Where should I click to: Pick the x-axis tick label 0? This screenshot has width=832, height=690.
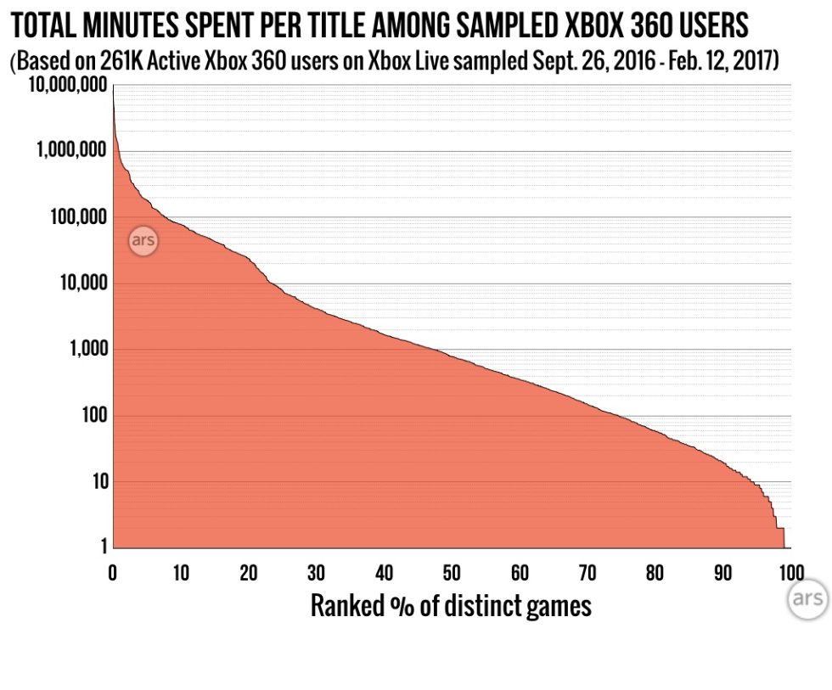pyautogui.click(x=112, y=572)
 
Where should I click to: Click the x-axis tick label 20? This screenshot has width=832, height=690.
pyautogui.click(x=248, y=572)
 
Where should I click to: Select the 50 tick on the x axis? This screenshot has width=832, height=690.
pyautogui.click(x=452, y=572)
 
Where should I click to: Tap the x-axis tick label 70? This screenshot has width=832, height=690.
pyautogui.click(x=587, y=572)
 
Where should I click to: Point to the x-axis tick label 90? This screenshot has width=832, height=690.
pyautogui.click(x=722, y=572)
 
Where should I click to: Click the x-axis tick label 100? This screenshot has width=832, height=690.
pyautogui.click(x=790, y=572)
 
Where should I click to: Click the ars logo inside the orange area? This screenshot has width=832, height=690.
pyautogui.click(x=143, y=241)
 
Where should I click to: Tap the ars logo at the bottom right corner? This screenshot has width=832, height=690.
pyautogui.click(x=807, y=598)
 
